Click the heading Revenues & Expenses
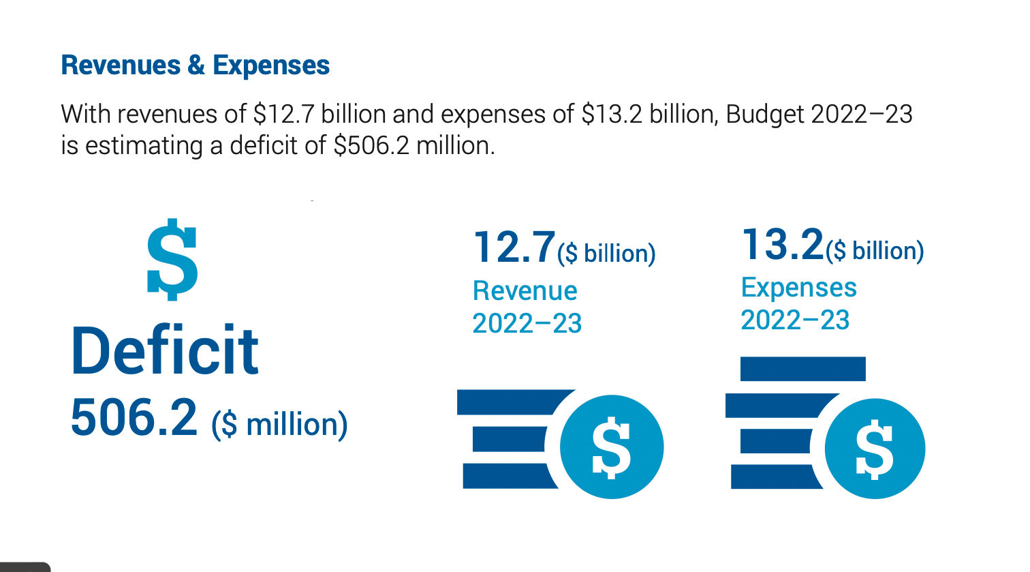click(x=196, y=65)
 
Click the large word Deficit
click(x=165, y=351)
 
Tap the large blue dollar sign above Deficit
click(x=172, y=260)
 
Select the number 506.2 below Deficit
click(x=134, y=418)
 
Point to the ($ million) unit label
click(x=279, y=424)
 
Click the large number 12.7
click(x=514, y=247)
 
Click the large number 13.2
click(x=782, y=244)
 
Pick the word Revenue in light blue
click(x=525, y=291)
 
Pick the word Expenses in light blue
click(x=798, y=288)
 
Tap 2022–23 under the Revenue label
click(x=527, y=323)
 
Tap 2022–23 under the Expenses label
click(x=795, y=320)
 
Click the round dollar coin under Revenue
click(x=611, y=447)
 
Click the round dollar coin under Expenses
click(x=875, y=449)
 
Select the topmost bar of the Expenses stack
click(x=802, y=369)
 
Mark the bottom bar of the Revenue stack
click(x=508, y=476)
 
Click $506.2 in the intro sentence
click(x=371, y=146)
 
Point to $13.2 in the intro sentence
click(x=612, y=114)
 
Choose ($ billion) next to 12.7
click(x=606, y=254)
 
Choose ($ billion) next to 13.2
click(x=875, y=251)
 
